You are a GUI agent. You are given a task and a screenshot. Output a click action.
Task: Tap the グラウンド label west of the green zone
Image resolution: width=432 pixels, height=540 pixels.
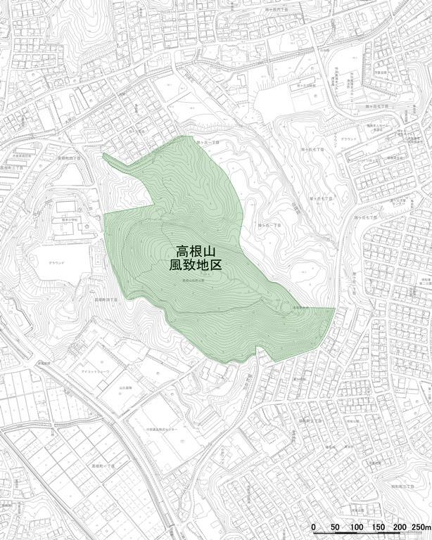pos(58,262)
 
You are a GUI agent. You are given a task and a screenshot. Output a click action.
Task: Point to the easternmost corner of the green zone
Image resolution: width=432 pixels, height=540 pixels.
pos(334,308)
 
